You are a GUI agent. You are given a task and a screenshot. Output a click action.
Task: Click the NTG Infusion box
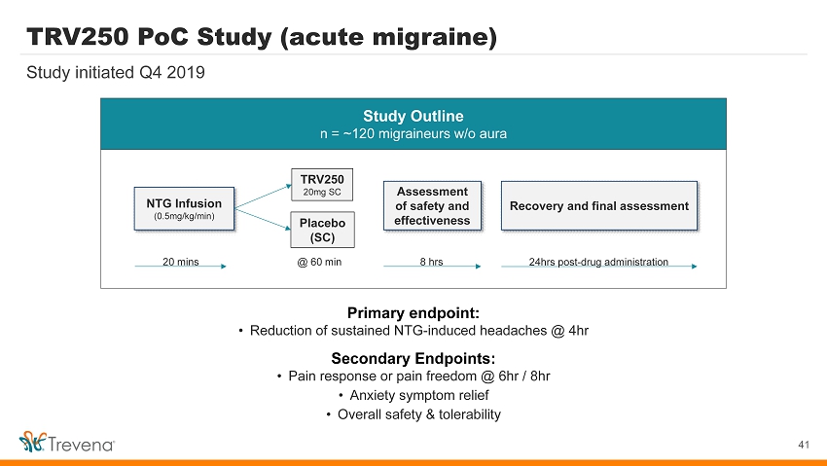pyautogui.click(x=184, y=209)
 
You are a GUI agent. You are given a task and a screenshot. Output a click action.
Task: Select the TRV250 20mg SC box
pyautogui.click(x=322, y=185)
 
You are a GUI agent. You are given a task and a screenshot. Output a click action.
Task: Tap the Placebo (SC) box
pyautogui.click(x=322, y=230)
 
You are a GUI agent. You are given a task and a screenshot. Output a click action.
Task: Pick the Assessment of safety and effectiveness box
pyautogui.click(x=432, y=205)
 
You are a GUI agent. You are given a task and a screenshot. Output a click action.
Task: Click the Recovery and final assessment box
pyautogui.click(x=599, y=205)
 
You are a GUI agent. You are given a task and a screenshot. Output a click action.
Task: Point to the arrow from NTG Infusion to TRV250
pyautogui.click(x=264, y=197)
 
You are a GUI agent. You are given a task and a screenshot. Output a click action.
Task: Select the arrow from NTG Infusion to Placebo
pyautogui.click(x=264, y=219)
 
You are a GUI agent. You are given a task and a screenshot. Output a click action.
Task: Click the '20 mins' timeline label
pyautogui.click(x=180, y=262)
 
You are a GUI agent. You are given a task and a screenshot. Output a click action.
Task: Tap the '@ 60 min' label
pyautogui.click(x=319, y=262)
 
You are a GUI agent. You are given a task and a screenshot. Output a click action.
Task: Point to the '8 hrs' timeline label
pyautogui.click(x=431, y=262)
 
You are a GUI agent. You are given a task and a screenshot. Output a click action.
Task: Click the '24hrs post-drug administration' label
pyautogui.click(x=598, y=262)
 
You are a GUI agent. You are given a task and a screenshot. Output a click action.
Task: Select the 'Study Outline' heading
pyautogui.click(x=413, y=116)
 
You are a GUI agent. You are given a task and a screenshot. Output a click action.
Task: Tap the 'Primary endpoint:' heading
pyautogui.click(x=413, y=313)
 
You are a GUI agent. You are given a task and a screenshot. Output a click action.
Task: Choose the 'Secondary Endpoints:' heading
pyautogui.click(x=413, y=358)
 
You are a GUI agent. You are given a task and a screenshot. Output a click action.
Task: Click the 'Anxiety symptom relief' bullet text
pyautogui.click(x=419, y=395)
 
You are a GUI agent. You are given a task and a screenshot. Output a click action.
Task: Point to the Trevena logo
pyautogui.click(x=66, y=443)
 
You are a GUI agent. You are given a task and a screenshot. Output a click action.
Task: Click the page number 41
pyautogui.click(x=804, y=445)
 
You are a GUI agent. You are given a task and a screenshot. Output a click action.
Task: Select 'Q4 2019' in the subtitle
pyautogui.click(x=171, y=72)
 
